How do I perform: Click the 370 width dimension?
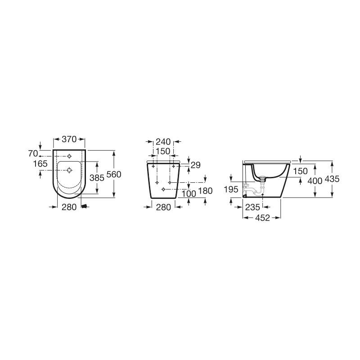69,139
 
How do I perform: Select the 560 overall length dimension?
114,174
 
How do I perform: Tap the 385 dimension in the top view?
97,177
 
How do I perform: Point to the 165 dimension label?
40,164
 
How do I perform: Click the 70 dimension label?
33,153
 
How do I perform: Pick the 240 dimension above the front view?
163,142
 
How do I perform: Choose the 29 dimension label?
196,165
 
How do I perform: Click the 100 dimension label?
189,193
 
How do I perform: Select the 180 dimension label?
205,190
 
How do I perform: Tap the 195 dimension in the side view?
231,189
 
